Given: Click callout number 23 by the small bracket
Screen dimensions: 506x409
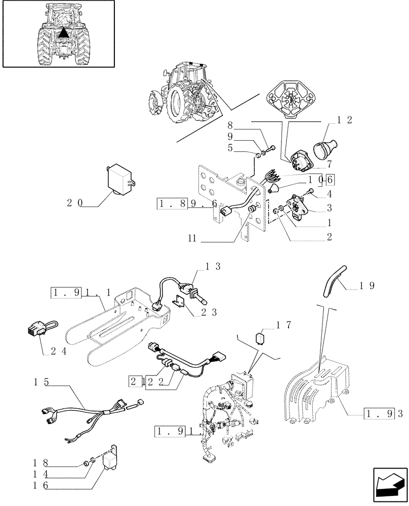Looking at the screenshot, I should click(x=208, y=312).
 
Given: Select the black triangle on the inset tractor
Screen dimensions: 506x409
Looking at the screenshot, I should click(x=62, y=34).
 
